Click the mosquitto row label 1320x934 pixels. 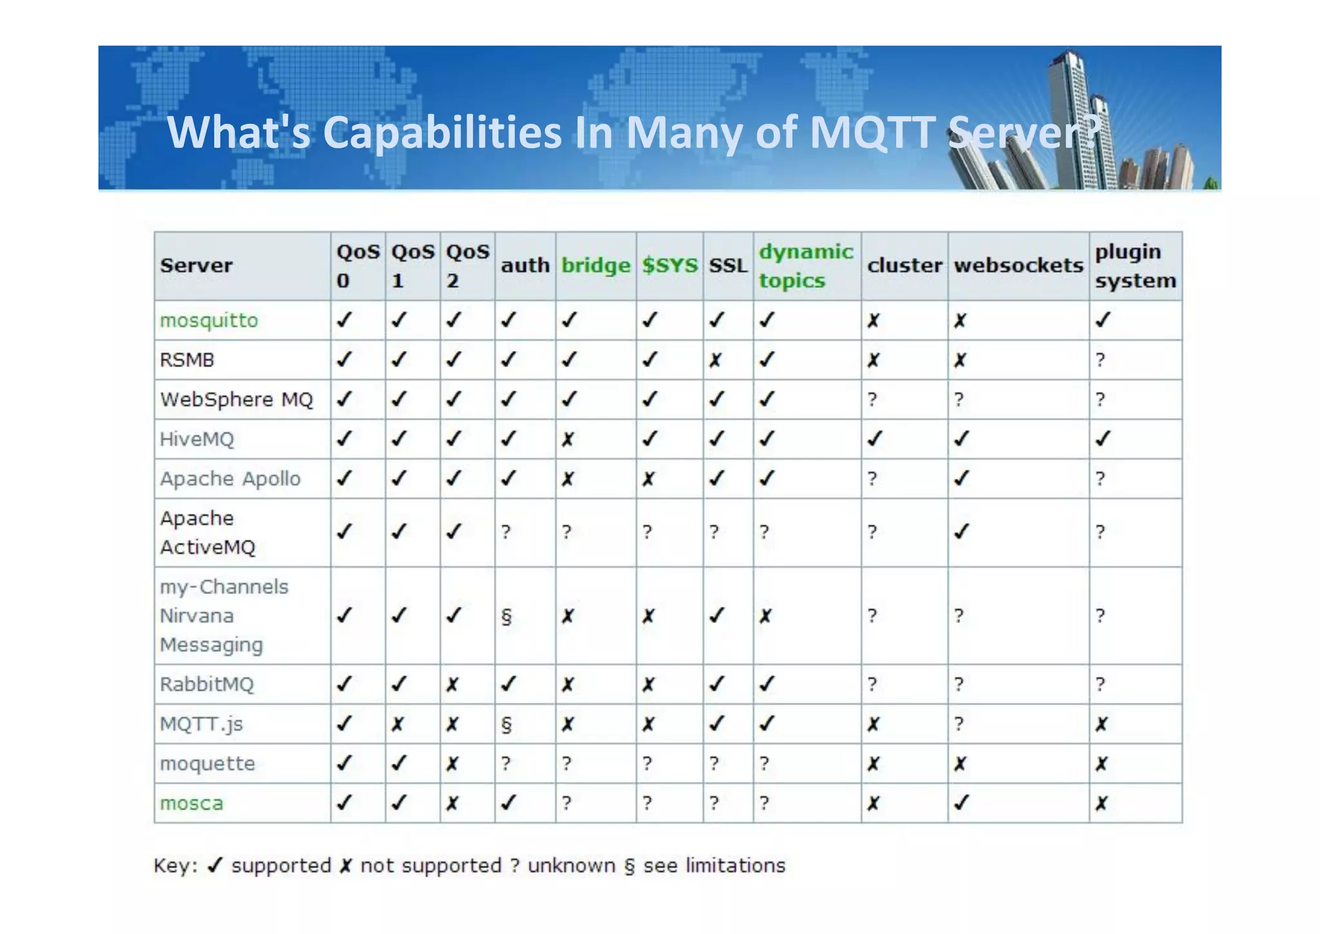point(209,321)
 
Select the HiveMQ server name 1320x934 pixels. point(197,439)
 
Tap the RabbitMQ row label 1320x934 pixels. point(207,684)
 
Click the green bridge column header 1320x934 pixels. point(596,266)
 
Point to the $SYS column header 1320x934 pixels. point(670,266)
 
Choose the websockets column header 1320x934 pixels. point(1018,266)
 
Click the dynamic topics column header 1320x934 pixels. point(806,266)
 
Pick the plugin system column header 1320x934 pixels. point(1135,266)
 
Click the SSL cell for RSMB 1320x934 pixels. point(715,360)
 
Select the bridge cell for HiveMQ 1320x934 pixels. point(567,440)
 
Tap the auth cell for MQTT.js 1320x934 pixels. point(507,724)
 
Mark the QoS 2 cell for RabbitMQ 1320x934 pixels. point(452,684)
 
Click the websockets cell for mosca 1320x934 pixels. point(961,803)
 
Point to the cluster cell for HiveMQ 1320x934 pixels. point(874,439)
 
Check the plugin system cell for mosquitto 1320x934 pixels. point(1103,320)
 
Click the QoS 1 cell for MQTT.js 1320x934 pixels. point(398,724)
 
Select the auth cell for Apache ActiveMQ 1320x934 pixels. point(507,532)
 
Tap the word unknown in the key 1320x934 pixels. point(571,866)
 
